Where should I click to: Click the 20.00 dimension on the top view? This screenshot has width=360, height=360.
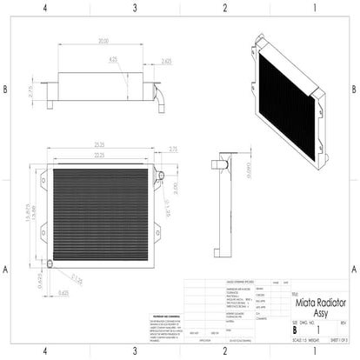103,41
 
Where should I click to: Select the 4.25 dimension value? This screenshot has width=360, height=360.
113,60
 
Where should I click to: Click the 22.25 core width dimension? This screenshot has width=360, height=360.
102,153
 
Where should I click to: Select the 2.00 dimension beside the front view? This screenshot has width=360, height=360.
173,188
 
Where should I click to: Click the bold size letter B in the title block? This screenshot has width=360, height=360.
294,331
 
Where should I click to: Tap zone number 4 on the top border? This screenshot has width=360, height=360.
45,8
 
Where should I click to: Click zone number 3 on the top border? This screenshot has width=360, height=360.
135,8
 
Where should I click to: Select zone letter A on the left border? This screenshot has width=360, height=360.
7,269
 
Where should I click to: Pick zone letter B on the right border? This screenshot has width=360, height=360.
353,90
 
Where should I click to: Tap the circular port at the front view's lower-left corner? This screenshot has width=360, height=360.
50,263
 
